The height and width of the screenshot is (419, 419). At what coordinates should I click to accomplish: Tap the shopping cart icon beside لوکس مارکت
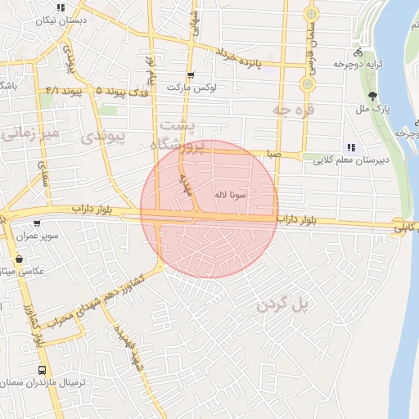click(190, 75)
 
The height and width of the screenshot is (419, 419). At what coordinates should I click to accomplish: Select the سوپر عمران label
click(37, 236)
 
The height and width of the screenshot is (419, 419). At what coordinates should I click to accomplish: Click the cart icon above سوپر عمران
click(37, 223)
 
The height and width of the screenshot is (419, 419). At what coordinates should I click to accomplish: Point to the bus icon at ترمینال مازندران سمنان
click(43, 370)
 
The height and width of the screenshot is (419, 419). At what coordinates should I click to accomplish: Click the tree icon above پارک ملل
click(372, 95)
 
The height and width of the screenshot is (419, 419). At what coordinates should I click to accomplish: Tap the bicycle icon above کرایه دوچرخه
click(358, 52)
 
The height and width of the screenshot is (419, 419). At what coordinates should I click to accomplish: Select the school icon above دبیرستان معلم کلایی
click(350, 148)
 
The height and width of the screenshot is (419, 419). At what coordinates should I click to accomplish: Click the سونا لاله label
click(230, 195)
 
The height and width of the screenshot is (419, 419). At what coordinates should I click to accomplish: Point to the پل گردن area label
click(286, 305)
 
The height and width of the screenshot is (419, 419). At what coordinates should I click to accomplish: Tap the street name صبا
click(273, 154)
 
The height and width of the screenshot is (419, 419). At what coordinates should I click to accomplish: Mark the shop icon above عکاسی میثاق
click(19, 259)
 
